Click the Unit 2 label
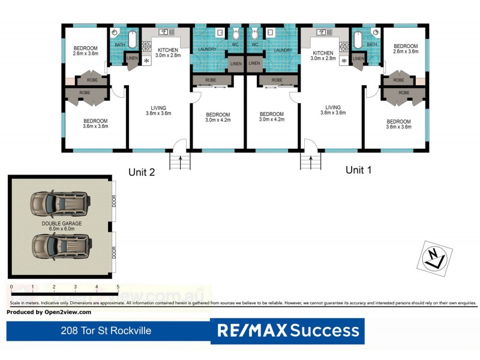click(x=142, y=172)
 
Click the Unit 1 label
click(x=359, y=170)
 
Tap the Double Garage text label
click(x=62, y=226)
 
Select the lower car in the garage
click(x=61, y=245)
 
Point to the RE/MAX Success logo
click(x=288, y=330)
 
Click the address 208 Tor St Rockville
click(x=106, y=331)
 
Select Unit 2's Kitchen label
click(x=168, y=53)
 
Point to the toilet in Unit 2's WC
click(x=236, y=32)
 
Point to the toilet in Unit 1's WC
click(x=254, y=32)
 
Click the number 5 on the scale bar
click(x=118, y=287)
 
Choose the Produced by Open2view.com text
click(x=49, y=312)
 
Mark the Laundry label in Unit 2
click(x=208, y=50)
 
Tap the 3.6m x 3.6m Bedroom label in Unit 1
click(x=398, y=124)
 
